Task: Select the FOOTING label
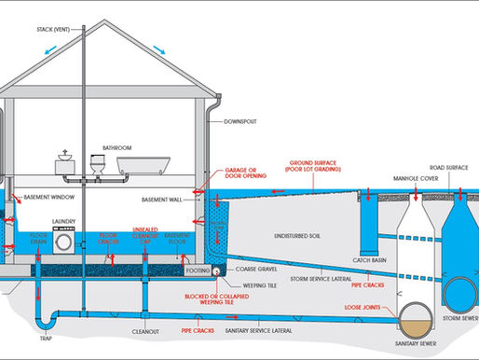[196, 270]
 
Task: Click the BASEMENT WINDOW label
[51, 196]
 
